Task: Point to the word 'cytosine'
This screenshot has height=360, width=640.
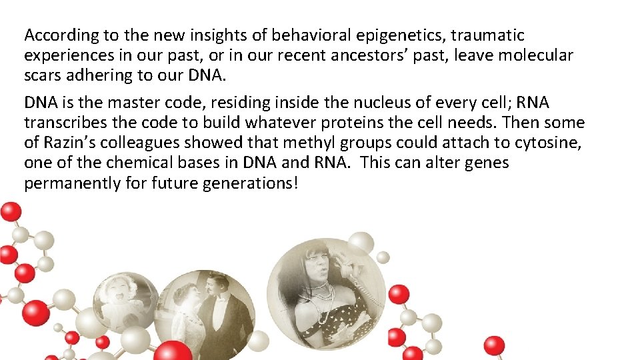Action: (547, 143)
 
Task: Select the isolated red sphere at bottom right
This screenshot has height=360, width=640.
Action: (494, 345)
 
